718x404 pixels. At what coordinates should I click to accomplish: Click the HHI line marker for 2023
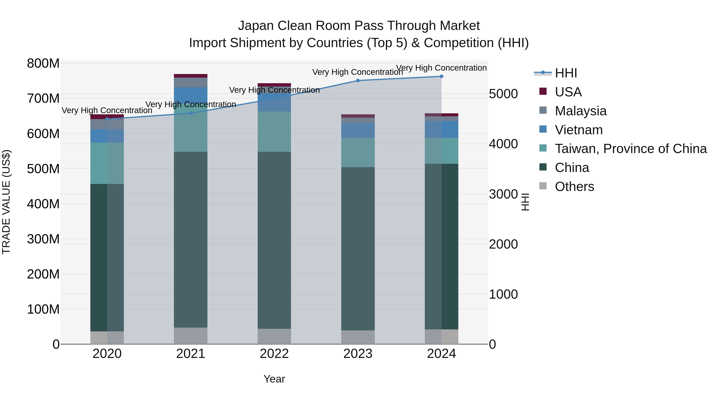(358, 81)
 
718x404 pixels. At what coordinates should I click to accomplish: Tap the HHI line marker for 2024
(442, 76)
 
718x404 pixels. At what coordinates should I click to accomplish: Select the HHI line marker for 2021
(191, 113)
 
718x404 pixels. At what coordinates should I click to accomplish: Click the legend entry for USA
(568, 92)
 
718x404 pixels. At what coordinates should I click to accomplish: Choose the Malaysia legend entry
(580, 111)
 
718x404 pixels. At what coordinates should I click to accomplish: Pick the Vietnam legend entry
(578, 130)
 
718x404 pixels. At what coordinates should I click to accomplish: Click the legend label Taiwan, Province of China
(630, 149)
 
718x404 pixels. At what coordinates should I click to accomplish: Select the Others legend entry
(574, 187)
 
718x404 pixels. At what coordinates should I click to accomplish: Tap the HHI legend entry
(566, 73)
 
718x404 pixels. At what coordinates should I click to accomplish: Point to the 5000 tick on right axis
(503, 94)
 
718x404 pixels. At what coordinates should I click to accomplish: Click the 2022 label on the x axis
(274, 354)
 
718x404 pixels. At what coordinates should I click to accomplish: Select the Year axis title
(274, 379)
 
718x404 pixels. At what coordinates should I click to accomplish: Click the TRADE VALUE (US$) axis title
(6, 202)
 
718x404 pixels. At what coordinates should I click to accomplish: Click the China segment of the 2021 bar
(191, 240)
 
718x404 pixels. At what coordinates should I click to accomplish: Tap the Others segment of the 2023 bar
(358, 337)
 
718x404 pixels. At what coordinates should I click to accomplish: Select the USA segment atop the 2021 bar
(191, 76)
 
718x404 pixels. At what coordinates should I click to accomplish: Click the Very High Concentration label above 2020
(107, 110)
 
